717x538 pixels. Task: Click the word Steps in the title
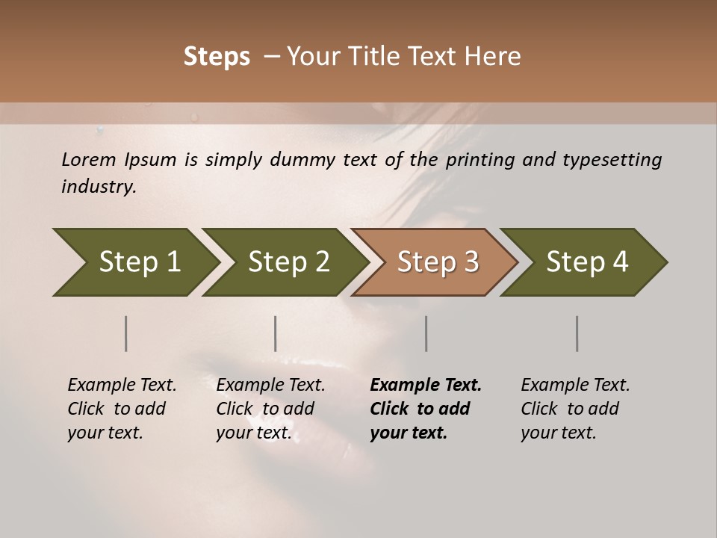(217, 57)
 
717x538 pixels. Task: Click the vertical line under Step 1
(126, 333)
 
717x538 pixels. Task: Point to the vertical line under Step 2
(276, 333)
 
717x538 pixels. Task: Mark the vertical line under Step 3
(426, 333)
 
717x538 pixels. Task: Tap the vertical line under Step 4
(577, 333)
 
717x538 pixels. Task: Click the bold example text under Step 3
(425, 409)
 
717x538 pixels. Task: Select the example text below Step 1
(122, 409)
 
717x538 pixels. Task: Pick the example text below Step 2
(270, 409)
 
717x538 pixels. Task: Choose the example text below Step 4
(575, 409)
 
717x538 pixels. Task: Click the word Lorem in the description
(89, 160)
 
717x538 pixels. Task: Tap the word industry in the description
(99, 187)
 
